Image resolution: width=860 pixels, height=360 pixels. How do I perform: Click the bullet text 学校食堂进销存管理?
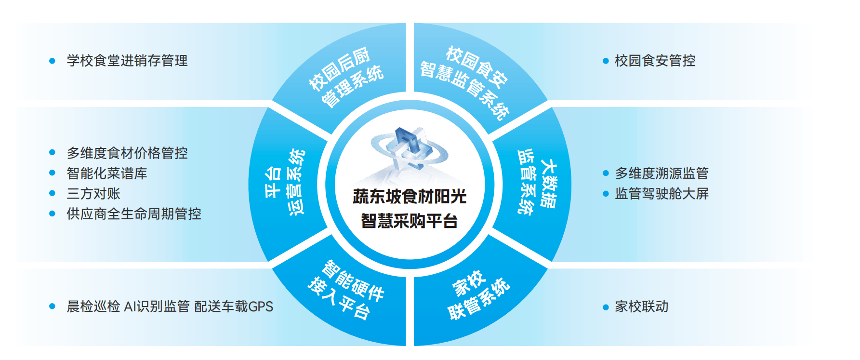click(127, 61)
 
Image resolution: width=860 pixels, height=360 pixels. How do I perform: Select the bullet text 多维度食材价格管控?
click(127, 153)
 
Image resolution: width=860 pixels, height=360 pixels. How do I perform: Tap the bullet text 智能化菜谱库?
click(107, 173)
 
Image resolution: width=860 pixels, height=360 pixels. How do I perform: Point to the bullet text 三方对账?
click(93, 193)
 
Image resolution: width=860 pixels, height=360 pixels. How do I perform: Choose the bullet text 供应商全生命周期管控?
click(134, 213)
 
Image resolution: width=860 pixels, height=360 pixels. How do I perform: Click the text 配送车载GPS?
click(234, 307)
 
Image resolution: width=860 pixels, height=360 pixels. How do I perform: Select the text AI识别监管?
click(157, 307)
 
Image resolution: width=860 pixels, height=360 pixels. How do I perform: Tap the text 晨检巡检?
click(93, 307)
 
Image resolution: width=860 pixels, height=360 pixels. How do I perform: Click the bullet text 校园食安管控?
click(655, 61)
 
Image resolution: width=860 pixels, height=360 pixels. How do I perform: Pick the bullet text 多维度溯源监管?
click(662, 173)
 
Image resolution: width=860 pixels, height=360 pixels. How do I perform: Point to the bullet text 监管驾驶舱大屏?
click(662, 193)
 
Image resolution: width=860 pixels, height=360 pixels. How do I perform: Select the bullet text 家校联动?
click(642, 307)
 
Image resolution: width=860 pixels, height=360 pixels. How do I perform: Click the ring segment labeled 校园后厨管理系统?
click(346, 77)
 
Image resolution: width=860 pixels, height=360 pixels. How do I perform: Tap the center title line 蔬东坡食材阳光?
click(410, 197)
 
